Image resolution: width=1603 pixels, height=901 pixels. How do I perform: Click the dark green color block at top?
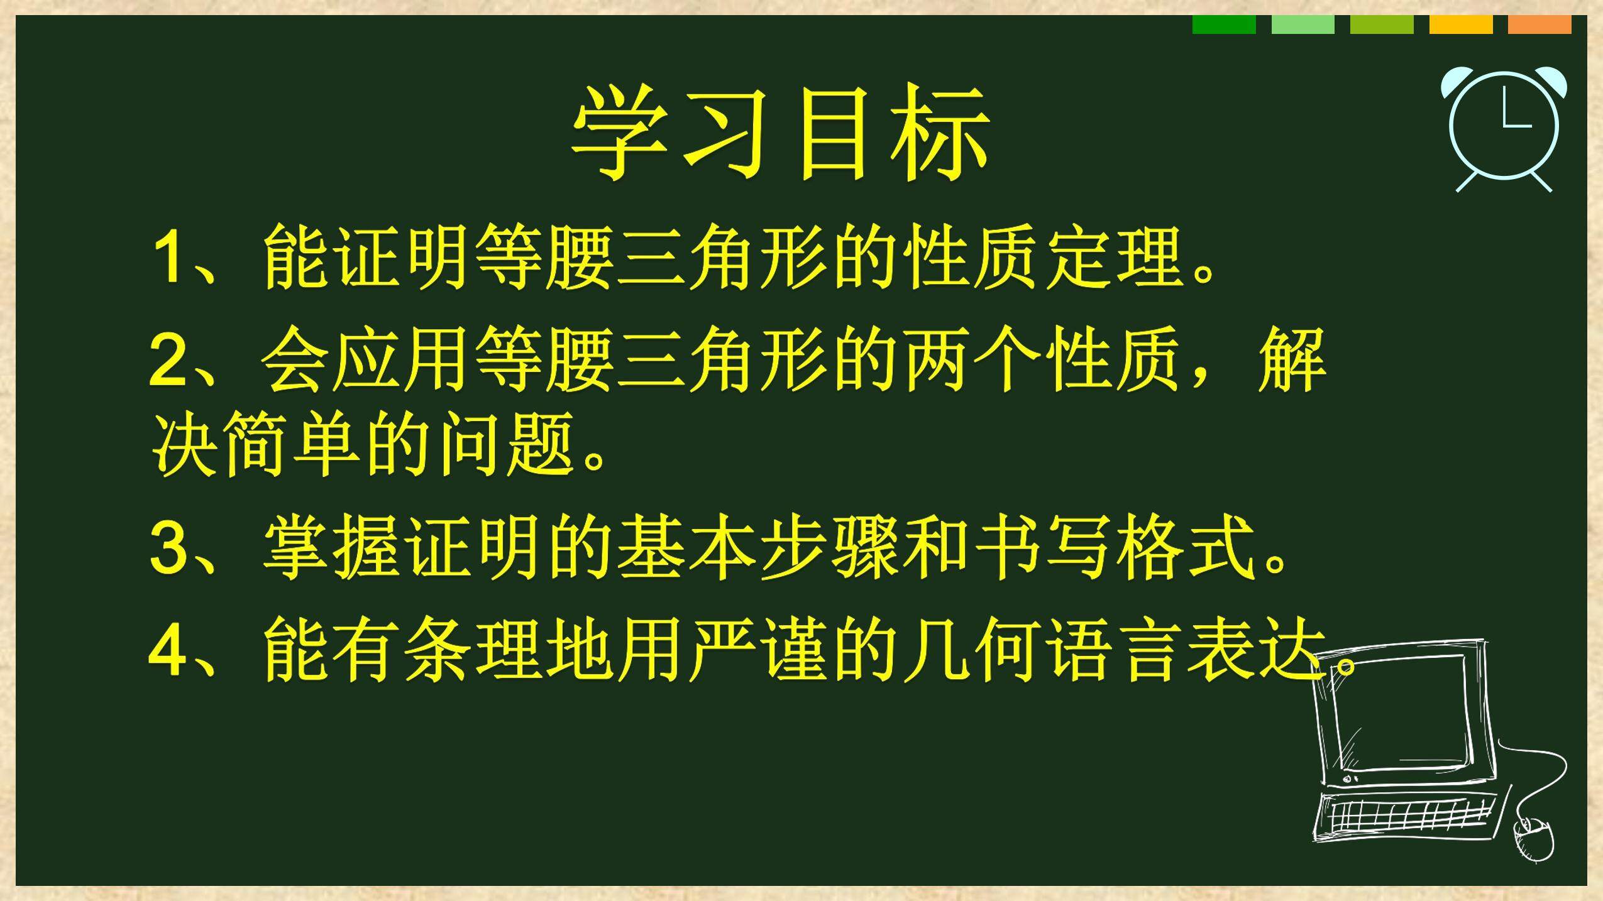(x=1224, y=25)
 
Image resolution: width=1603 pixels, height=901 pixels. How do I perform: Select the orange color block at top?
(x=1540, y=25)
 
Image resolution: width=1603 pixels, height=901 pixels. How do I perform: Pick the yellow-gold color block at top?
(x=1461, y=25)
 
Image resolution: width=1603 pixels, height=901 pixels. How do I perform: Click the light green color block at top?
(x=1303, y=25)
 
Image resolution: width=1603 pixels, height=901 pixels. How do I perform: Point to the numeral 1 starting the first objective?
(x=169, y=258)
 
